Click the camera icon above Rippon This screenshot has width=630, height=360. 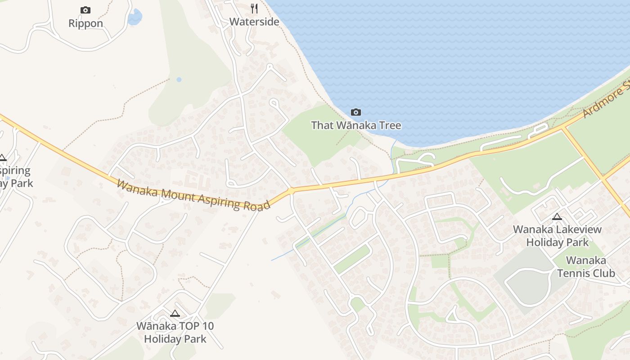(x=85, y=10)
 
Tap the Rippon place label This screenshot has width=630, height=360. (x=85, y=23)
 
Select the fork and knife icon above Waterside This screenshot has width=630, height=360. (x=254, y=8)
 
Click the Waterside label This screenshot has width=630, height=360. (x=254, y=22)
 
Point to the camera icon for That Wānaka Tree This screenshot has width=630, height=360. (x=356, y=112)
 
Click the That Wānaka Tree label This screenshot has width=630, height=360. (x=356, y=125)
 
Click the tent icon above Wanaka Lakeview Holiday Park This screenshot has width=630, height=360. (x=557, y=216)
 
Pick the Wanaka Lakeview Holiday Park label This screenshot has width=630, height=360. (x=557, y=236)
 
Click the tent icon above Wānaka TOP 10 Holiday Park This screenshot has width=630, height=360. (x=175, y=313)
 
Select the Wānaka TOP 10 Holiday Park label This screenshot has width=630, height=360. (x=175, y=333)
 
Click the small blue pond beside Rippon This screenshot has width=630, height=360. (x=134, y=18)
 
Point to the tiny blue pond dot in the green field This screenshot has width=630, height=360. (x=179, y=80)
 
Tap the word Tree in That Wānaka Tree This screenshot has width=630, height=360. (x=389, y=125)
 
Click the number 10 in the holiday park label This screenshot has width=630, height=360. (x=207, y=326)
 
